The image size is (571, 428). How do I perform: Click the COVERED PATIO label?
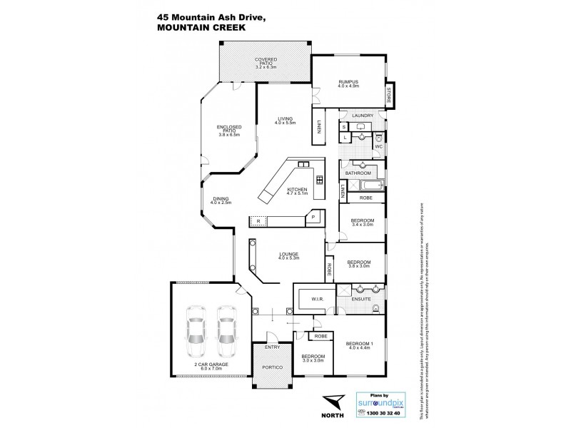click(265, 63)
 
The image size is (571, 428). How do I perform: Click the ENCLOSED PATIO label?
click(230, 132)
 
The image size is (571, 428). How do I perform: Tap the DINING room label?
click(218, 202)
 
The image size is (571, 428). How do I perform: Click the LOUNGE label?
click(289, 256)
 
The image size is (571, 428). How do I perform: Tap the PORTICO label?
click(273, 367)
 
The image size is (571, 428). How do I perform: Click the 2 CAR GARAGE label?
click(211, 368)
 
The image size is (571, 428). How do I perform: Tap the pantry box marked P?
click(312, 216)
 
